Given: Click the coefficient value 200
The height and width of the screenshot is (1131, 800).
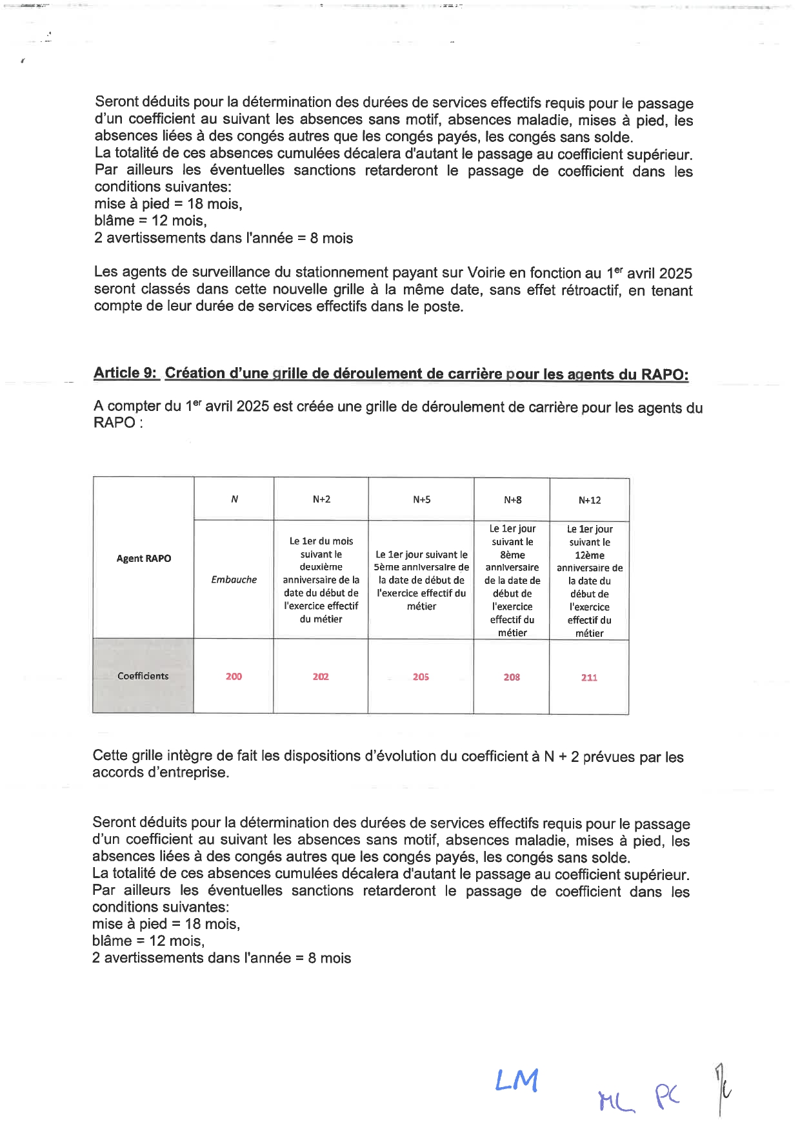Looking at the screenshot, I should coord(234,676).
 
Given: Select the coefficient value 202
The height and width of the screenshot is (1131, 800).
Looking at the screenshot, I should coord(321,676).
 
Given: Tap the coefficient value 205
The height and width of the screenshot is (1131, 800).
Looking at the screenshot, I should coord(421,677).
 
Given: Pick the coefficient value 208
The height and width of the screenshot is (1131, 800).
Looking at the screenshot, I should coord(512,677).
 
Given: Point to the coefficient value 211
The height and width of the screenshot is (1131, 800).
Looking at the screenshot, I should coord(589,677).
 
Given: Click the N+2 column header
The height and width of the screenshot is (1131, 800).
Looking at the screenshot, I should coord(321,499).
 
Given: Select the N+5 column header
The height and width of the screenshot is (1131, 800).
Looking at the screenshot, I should coord(421,499).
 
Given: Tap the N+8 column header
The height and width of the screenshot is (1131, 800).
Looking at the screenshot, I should coord(512,500).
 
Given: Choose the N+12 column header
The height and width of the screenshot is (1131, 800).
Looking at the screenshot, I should coord(590,500).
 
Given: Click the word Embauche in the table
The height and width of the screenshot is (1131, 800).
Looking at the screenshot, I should coord(234,579).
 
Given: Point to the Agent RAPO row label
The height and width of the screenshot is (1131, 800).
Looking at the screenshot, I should coord(143,558).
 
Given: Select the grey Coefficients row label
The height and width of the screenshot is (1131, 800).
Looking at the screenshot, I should coord(143,676).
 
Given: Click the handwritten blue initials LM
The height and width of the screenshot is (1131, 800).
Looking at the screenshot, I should coord(517,1080).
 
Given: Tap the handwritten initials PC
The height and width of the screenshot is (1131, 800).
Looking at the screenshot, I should coord(668,1096).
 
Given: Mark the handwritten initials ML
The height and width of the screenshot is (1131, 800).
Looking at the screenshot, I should coord(615,1101).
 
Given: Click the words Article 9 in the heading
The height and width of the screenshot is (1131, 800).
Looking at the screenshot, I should coord(125,373).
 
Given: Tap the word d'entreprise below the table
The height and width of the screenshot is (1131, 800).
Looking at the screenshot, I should coord(188,772).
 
